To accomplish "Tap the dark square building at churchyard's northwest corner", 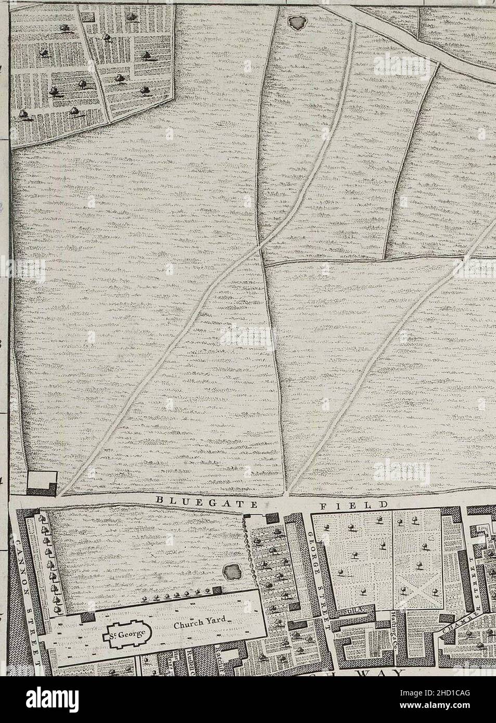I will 87,617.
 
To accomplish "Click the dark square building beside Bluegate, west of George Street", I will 271,518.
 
